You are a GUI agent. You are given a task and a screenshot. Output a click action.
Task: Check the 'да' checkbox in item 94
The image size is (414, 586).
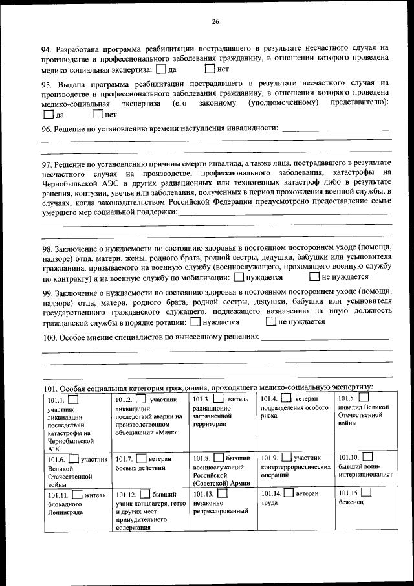click(x=162, y=69)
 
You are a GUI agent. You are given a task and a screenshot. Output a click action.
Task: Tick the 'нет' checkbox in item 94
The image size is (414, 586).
click(x=210, y=68)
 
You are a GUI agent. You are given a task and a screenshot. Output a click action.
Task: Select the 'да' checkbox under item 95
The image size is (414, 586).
click(x=49, y=115)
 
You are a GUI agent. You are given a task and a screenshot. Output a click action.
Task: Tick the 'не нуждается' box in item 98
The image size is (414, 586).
click(x=315, y=277)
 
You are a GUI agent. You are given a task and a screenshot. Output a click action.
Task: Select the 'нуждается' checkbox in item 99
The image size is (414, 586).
click(x=195, y=321)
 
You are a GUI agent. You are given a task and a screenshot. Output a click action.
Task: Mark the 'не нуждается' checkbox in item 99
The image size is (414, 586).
click(x=272, y=321)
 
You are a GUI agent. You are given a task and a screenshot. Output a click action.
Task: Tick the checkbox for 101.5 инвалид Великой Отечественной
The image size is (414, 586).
click(x=364, y=397)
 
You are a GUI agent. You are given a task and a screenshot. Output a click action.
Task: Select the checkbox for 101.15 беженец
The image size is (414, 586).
click(x=365, y=493)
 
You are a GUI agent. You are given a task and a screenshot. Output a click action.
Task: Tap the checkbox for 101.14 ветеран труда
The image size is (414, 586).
click(x=289, y=493)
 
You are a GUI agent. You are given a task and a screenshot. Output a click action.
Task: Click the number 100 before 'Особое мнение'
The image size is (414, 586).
click(x=49, y=338)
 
